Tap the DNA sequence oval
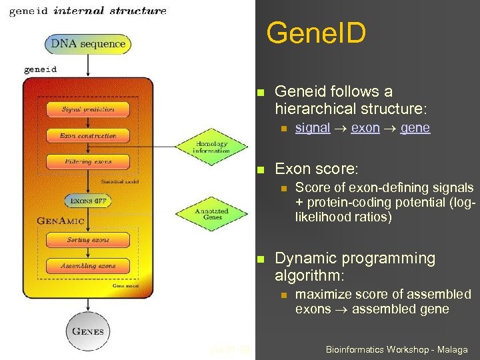88,44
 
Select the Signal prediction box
88,109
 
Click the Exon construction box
88,135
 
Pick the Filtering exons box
88,161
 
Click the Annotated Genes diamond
213,213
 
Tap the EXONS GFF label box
88,200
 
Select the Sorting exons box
88,239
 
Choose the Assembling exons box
88,265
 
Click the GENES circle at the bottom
88,331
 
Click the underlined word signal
312,128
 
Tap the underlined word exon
365,128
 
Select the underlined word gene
415,128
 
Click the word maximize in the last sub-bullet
323,294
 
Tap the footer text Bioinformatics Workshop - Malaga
397,349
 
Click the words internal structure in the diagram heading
110,11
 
